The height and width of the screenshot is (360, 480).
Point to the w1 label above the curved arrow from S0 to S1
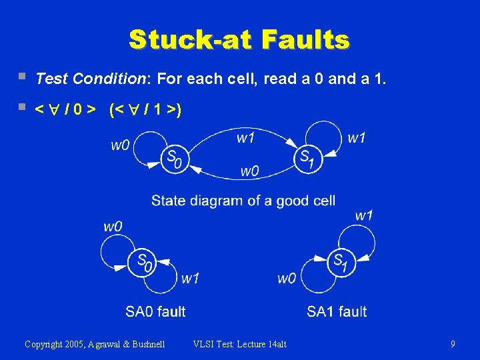pos(245,138)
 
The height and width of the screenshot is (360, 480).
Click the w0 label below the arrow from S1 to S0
pos(249,171)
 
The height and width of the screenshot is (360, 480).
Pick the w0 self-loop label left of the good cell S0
pos(120,145)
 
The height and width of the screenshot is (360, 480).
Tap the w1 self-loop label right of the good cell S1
pos(357,138)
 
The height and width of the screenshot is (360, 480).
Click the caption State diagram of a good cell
pos(243,200)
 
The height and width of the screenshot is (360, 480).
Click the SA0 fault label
pos(155,311)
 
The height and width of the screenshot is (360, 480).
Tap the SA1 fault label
pos(337,311)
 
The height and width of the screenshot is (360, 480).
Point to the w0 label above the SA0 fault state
pos(113,226)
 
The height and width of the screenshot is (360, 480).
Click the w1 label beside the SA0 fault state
pos(190,278)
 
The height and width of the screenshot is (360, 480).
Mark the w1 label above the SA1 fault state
pos(364,215)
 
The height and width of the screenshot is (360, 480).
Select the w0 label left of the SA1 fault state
pos(287,278)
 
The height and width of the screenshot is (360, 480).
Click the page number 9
pos(453,344)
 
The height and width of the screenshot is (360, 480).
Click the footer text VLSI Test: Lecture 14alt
pos(239,344)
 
